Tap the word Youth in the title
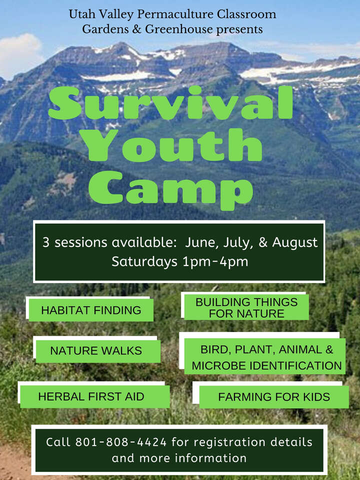tap(172, 146)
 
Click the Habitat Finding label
tap(91, 310)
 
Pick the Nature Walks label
tap(96, 351)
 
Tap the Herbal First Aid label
tap(91, 396)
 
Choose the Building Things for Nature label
tap(246, 308)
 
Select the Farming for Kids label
tap(274, 397)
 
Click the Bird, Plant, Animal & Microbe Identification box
tap(266, 357)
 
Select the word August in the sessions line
tap(294, 242)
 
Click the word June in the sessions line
tap(199, 242)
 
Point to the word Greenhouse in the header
tap(178, 29)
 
